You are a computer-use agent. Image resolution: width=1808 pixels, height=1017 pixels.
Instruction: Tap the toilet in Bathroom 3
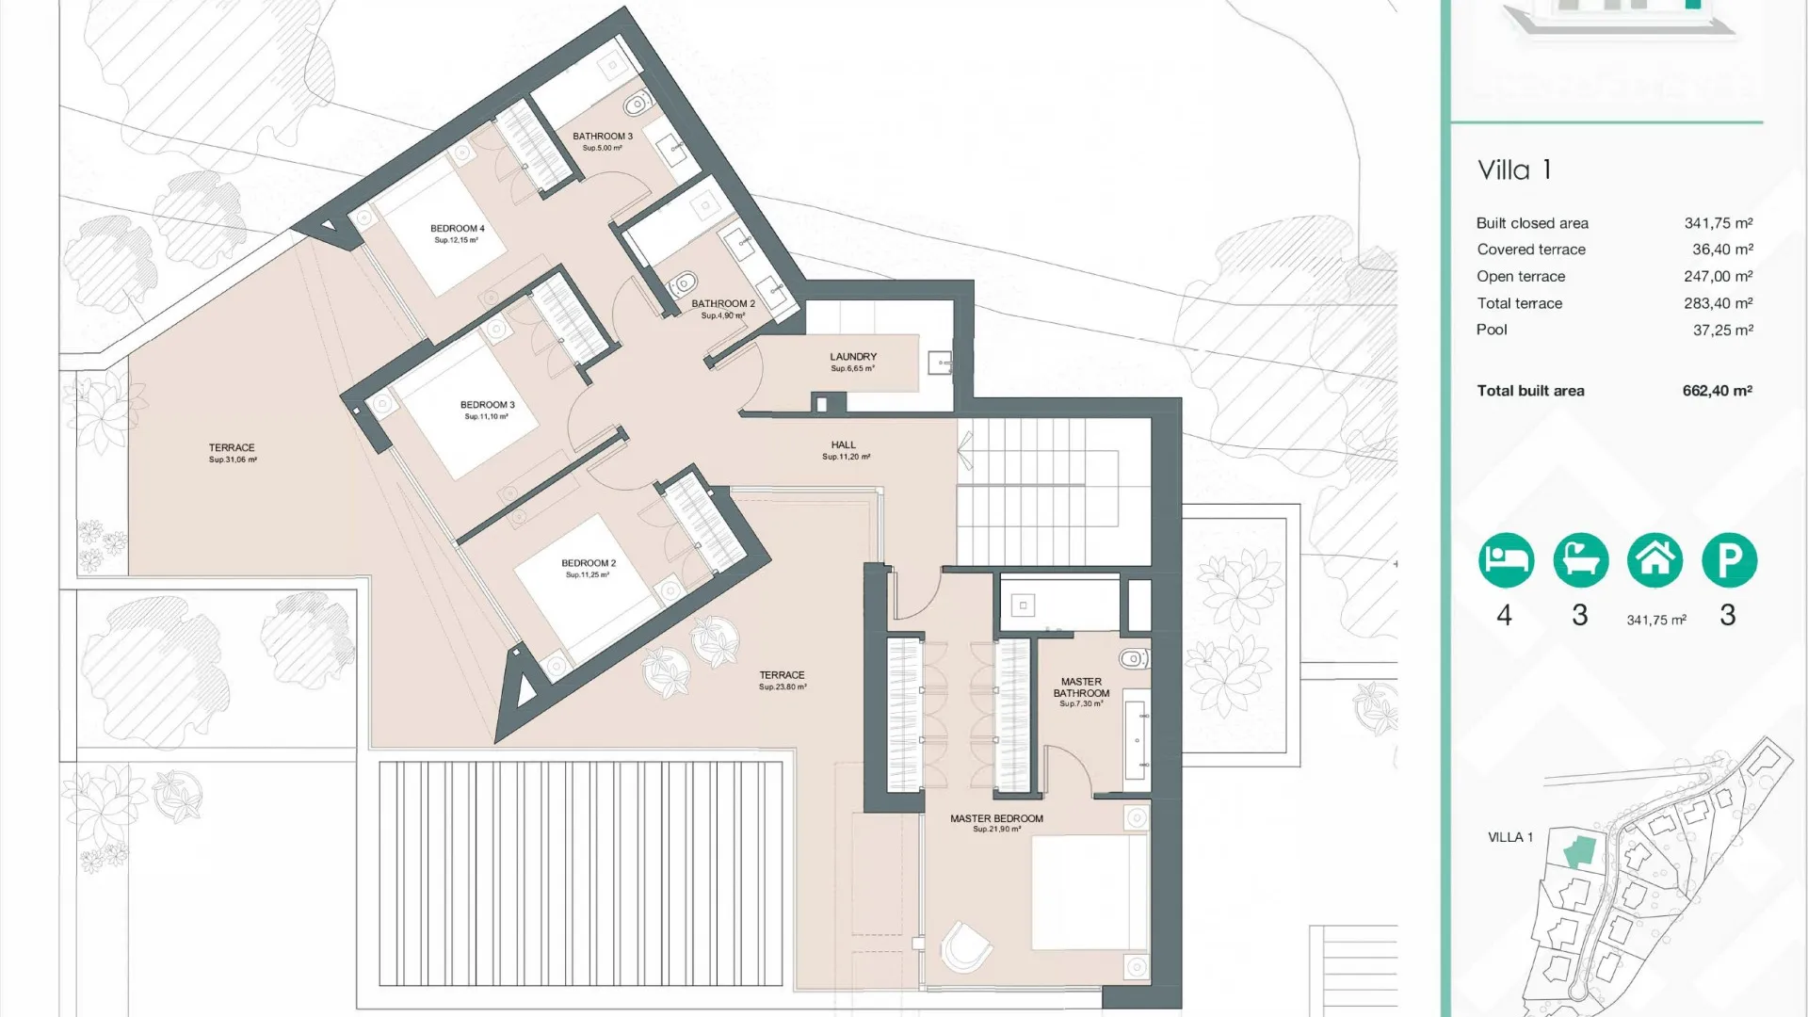638,103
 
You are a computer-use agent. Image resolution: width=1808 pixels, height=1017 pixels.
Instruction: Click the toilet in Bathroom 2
684,282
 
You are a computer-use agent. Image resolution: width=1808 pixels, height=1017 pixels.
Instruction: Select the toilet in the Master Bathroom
1134,658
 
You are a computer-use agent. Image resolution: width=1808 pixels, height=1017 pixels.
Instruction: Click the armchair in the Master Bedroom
965,945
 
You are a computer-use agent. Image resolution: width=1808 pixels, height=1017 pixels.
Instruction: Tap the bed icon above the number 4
1506,560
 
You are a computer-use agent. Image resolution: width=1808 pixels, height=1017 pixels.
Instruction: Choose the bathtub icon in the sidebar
1580,560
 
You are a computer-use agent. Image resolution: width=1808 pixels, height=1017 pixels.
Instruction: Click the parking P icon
1729,560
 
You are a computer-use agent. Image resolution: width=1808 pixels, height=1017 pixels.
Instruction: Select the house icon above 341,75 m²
1655,560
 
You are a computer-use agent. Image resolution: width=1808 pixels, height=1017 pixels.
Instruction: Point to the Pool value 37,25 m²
1722,330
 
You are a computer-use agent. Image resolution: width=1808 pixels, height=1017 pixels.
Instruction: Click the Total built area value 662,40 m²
1717,391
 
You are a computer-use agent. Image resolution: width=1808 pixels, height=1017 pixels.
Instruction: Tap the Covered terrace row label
1531,250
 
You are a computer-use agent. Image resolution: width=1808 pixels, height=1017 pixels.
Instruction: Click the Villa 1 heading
1514,170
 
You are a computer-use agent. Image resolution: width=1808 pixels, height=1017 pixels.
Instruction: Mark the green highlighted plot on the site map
1580,851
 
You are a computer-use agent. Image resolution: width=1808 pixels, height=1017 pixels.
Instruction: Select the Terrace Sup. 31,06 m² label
232,453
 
